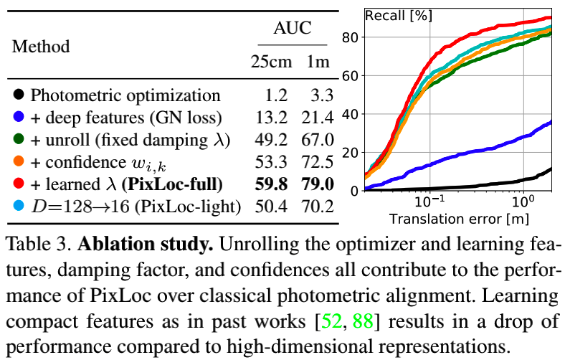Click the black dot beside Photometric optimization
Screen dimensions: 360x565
click(19, 95)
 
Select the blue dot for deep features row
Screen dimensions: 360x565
click(19, 117)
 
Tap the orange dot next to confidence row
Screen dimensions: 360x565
click(19, 161)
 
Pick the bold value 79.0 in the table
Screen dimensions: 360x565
click(317, 184)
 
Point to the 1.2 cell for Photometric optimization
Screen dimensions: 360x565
click(276, 95)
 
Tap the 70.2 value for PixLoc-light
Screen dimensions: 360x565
click(318, 207)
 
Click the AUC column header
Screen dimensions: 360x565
click(293, 29)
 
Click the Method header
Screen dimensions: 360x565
click(41, 47)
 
